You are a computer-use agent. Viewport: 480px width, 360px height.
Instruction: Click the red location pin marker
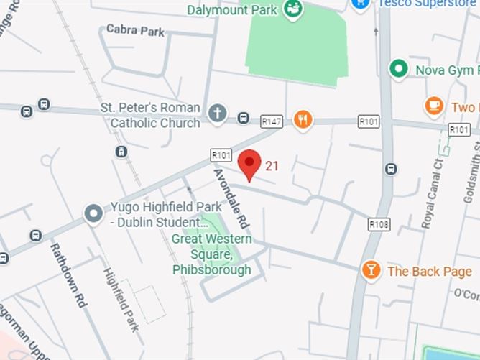(x=249, y=164)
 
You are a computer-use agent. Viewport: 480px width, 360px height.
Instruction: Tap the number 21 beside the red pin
(x=272, y=166)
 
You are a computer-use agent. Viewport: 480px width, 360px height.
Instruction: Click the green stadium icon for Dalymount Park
(x=292, y=9)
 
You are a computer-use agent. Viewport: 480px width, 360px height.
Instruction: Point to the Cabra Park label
(x=135, y=31)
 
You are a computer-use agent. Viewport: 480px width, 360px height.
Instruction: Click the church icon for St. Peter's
(x=217, y=113)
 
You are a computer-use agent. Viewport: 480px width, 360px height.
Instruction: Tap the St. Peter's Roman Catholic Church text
(x=154, y=115)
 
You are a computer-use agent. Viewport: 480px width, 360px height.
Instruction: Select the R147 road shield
(x=271, y=122)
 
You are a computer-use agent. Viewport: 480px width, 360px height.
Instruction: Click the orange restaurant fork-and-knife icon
(x=303, y=119)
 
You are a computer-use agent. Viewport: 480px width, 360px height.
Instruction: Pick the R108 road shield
(x=379, y=225)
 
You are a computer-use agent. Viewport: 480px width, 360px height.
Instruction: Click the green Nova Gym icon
(x=398, y=69)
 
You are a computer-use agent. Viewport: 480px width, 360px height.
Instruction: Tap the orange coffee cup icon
(x=433, y=106)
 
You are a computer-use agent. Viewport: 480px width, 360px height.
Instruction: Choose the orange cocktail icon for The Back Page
(x=371, y=270)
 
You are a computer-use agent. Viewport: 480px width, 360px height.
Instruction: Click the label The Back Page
(x=430, y=271)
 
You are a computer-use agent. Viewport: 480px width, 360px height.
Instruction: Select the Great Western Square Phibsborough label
(x=212, y=254)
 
